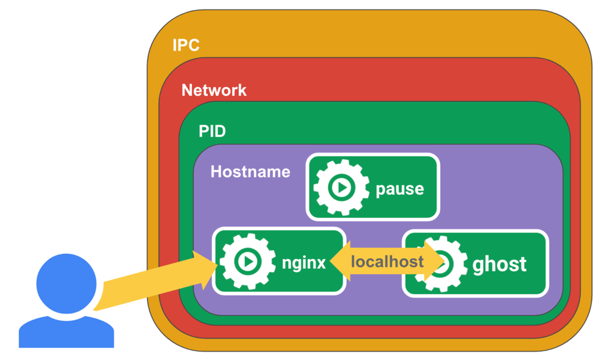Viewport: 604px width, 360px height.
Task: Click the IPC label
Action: coord(185,45)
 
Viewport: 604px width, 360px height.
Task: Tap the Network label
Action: coord(214,91)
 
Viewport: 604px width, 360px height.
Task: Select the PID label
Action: coord(212,131)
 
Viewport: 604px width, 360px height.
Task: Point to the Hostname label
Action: coord(250,172)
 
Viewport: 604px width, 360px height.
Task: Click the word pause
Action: coord(400,190)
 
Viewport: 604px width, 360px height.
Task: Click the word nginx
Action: coord(304,263)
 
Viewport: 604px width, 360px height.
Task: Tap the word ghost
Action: coord(499,264)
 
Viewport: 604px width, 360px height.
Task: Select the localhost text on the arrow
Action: coord(387,262)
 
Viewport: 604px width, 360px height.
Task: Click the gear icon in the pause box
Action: coord(341,188)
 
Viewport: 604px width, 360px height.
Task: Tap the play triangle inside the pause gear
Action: coord(342,188)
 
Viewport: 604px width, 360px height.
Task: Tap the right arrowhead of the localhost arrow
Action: coord(438,262)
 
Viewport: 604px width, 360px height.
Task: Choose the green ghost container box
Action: coord(524,280)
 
